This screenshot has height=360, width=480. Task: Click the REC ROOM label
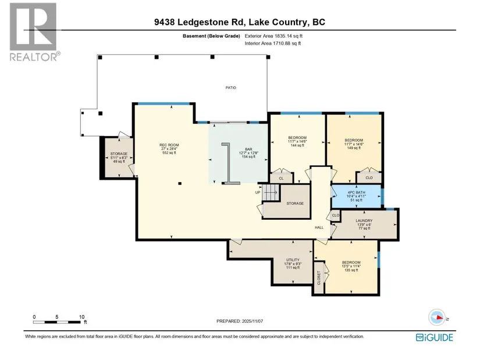tap(169, 145)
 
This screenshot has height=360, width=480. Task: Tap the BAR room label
tap(248, 149)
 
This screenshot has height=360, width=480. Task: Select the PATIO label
tap(231, 88)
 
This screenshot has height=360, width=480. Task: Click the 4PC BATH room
tap(356, 196)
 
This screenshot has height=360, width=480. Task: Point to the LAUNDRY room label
tap(364, 221)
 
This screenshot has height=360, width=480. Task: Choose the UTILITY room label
tap(293, 260)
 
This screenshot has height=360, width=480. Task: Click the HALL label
tap(319, 227)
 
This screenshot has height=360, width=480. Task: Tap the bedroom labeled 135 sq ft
tap(351, 266)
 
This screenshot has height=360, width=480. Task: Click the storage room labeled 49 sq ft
tap(119, 158)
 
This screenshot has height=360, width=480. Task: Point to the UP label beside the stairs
tap(258, 193)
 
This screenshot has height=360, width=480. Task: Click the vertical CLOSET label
tap(319, 277)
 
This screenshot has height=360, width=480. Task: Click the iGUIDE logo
tap(435, 337)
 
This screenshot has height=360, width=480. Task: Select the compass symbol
tap(437, 318)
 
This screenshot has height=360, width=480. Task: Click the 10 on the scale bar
tap(81, 317)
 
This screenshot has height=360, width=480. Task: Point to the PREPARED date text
tap(240, 321)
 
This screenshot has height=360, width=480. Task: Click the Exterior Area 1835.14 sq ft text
tap(273, 36)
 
